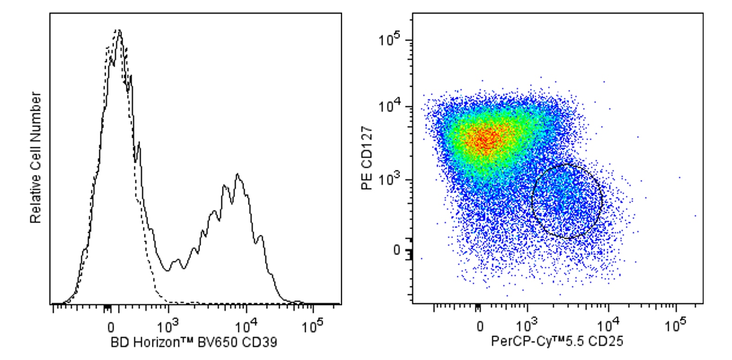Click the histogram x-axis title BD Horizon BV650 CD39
point(194,343)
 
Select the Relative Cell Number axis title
point(36,158)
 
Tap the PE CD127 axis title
point(367,158)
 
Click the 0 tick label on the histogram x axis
point(110,327)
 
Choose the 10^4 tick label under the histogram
point(246,326)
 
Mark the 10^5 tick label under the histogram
point(312,326)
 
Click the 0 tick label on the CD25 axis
point(480,326)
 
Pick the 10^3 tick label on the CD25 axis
point(527,326)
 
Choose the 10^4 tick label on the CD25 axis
point(608,326)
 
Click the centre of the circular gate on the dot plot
point(567,201)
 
